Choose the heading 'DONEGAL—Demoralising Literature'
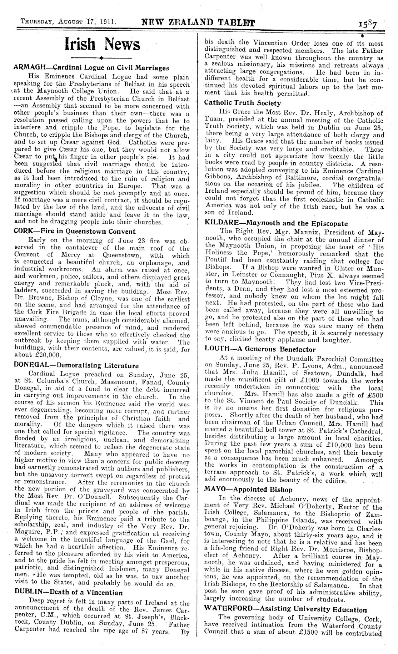(x=76, y=365)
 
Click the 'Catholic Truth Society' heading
(x=243, y=103)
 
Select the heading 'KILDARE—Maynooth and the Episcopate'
(x=276, y=223)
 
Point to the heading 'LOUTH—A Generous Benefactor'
(x=260, y=349)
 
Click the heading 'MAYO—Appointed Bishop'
(x=248, y=490)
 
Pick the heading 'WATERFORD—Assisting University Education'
(x=285, y=610)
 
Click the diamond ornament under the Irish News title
(x=102, y=58)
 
